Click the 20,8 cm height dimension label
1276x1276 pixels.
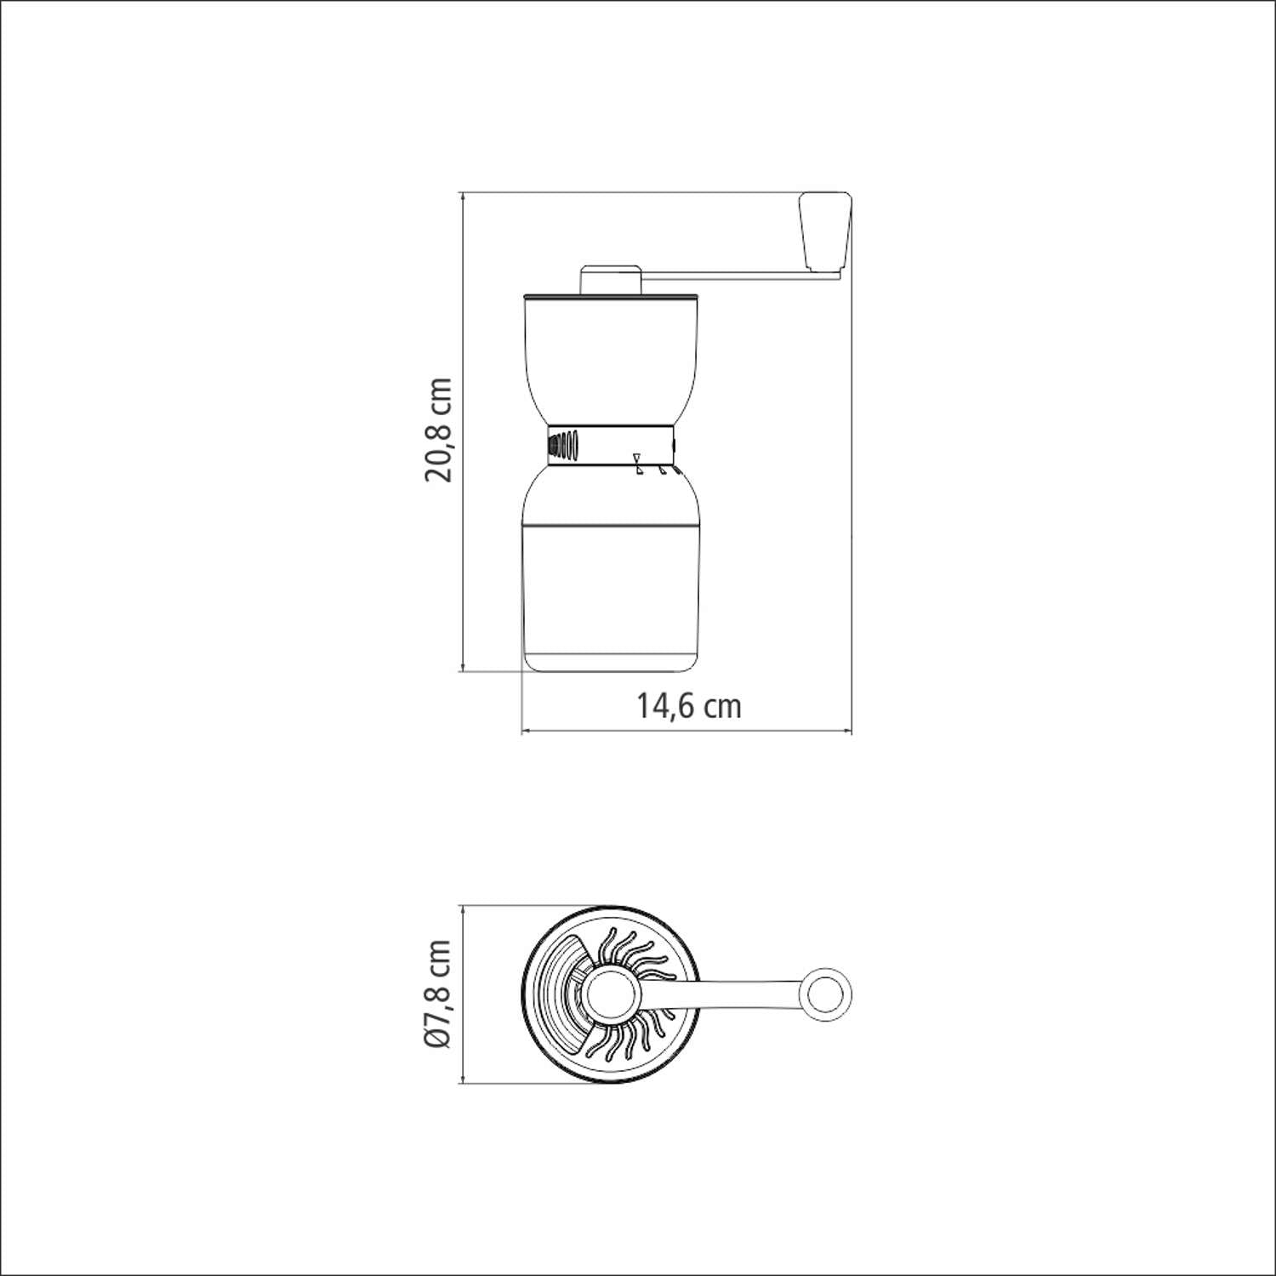(438, 430)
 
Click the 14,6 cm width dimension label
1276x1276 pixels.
(689, 706)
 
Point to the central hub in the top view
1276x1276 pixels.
(610, 994)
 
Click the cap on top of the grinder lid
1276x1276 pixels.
(611, 279)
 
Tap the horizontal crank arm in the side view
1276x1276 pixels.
(740, 275)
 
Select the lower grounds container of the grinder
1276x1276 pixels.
(611, 578)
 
